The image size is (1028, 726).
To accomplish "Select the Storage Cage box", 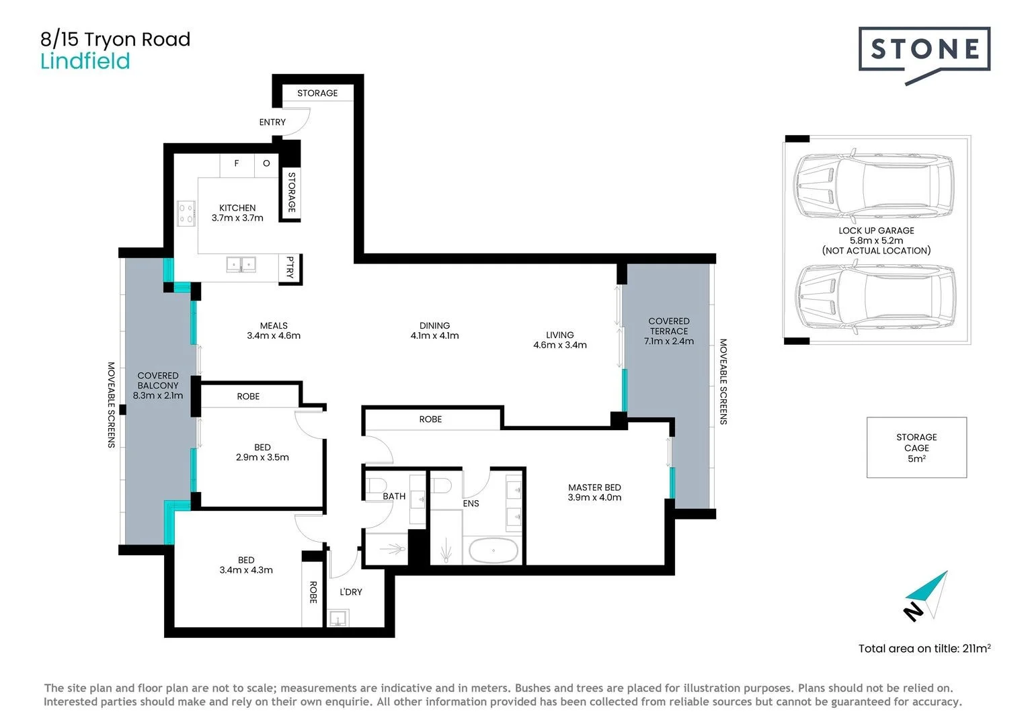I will (916, 448).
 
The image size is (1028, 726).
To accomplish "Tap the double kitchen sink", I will (240, 264).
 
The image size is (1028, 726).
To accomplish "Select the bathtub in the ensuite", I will (493, 551).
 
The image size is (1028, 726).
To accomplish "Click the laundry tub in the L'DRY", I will (337, 618).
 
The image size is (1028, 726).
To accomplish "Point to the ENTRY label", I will (272, 122).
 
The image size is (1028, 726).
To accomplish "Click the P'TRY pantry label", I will (290, 268).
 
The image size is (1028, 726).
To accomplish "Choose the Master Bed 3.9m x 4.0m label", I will (594, 493).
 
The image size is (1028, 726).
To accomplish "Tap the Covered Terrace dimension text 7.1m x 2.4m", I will (668, 341).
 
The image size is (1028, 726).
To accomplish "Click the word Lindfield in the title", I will (85, 62).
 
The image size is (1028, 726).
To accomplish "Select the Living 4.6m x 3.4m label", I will (559, 340).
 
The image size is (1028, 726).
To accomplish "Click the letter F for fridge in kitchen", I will (236, 163).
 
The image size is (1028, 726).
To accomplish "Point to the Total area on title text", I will (924, 649).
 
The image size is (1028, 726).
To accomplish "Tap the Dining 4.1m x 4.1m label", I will (434, 331).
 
